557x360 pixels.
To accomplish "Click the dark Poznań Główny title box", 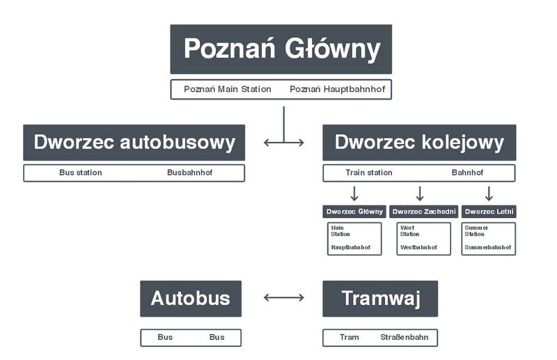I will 281,49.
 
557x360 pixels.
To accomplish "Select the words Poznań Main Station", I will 228,90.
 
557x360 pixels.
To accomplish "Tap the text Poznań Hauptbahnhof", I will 336,90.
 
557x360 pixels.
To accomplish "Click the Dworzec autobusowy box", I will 134,143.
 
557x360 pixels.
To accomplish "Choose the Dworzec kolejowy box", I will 419,143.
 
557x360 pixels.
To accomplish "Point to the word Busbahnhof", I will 187,173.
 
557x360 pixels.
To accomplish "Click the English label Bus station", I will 80,173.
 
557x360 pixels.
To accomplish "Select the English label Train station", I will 369,173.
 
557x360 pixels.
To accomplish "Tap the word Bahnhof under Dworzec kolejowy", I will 467,173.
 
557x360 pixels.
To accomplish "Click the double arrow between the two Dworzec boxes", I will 284,143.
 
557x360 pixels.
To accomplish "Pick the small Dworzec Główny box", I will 355,212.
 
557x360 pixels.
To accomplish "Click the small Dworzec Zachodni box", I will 424,212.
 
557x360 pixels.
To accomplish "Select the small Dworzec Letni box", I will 489,212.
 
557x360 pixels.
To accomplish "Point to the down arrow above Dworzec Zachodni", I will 419,193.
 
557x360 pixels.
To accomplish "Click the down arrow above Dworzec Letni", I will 489,193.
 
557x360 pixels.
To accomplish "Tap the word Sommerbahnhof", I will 488,248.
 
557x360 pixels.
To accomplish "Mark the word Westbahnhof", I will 418,248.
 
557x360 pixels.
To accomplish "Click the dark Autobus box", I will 191,299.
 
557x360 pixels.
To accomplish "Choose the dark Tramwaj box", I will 380,299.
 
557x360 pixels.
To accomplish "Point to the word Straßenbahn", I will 405,338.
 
